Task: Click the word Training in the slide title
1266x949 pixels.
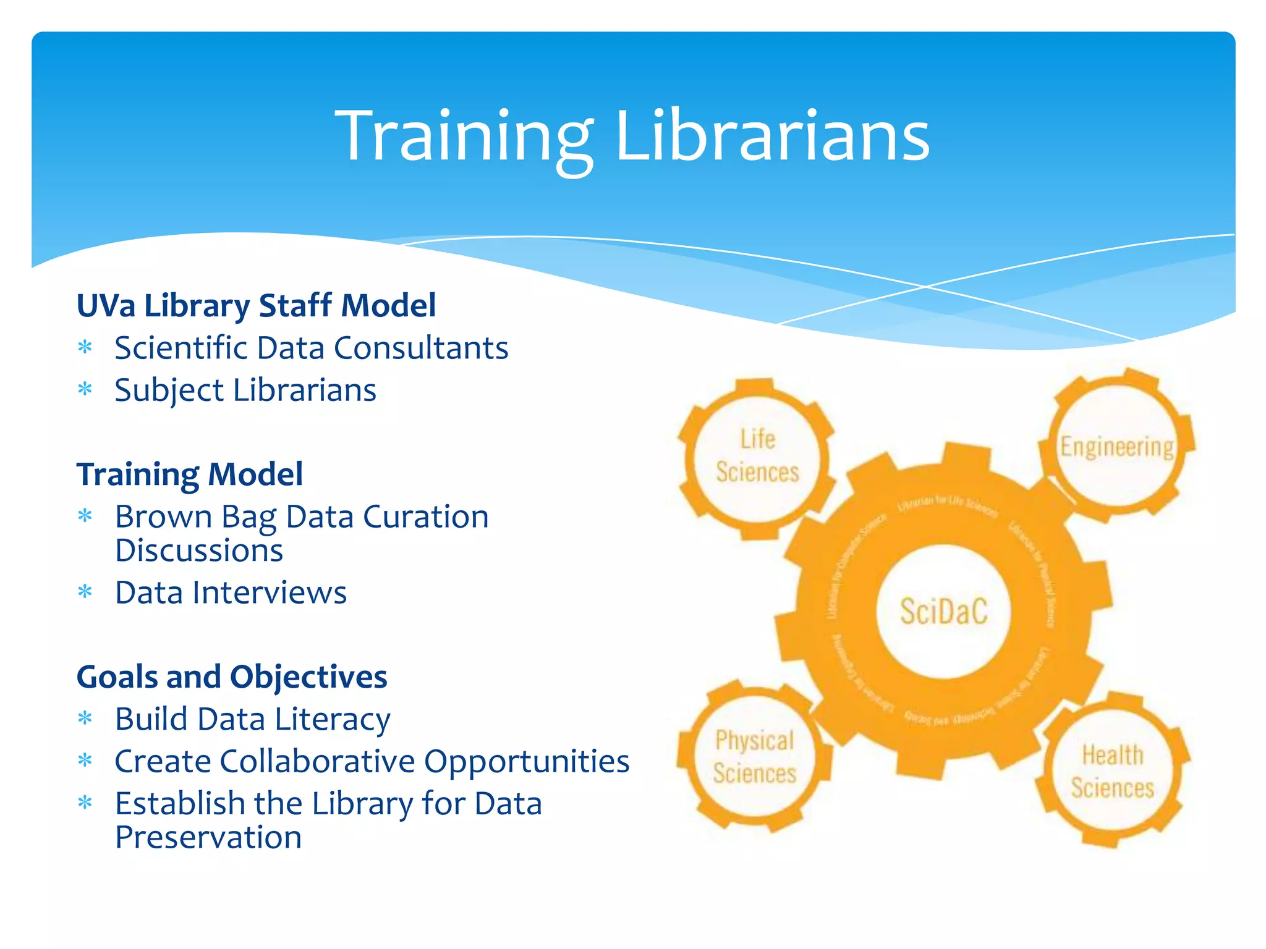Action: (x=464, y=136)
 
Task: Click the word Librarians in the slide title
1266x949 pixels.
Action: (x=773, y=136)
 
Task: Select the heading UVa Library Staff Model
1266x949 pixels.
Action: (x=256, y=306)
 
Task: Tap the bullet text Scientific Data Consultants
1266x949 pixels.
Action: (x=311, y=348)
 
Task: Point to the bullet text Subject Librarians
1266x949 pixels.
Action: (x=245, y=390)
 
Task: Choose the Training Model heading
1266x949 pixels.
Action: (x=189, y=474)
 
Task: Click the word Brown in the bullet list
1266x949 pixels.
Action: (x=163, y=517)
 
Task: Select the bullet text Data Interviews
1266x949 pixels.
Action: (x=231, y=593)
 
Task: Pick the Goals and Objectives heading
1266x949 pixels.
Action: (x=232, y=677)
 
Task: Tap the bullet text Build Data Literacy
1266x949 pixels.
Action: (x=252, y=720)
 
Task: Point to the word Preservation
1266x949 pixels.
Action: (x=208, y=838)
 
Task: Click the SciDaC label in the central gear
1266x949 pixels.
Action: (x=944, y=612)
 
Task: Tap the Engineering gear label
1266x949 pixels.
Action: (x=1117, y=447)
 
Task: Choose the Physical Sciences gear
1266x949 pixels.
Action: (x=754, y=757)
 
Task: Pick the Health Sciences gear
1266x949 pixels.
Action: (x=1113, y=772)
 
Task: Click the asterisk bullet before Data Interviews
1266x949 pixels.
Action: (x=85, y=593)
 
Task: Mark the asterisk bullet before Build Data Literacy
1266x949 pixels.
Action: (x=85, y=719)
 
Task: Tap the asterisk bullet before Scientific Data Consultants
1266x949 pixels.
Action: (x=85, y=347)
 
